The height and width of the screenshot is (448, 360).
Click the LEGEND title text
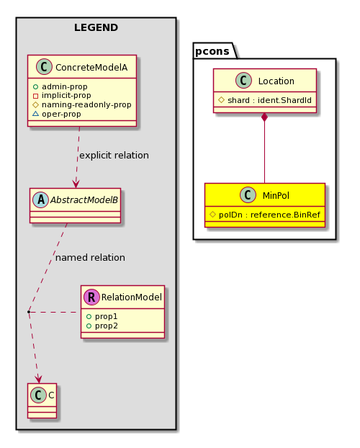tap(96, 27)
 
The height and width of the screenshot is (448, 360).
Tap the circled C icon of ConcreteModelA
tap(44, 67)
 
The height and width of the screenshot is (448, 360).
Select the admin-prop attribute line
tap(60, 86)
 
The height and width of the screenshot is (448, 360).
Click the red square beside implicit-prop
tap(36, 96)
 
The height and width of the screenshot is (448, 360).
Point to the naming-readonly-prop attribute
tap(82, 105)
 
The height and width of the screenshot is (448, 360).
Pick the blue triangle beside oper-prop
tap(36, 114)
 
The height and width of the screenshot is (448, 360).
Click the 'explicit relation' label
tap(114, 156)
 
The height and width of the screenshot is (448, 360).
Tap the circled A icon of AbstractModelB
tap(41, 200)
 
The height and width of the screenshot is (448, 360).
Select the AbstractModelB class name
tap(84, 200)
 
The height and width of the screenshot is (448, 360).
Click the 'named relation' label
tap(90, 258)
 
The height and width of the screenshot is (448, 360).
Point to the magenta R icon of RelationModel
tap(91, 297)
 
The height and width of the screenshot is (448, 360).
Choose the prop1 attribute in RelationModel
tap(102, 317)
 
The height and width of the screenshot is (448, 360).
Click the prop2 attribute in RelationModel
tap(102, 326)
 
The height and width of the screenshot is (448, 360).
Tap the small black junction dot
tap(29, 312)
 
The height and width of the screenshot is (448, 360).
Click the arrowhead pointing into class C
tap(38, 379)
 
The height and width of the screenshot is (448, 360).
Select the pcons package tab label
tap(212, 51)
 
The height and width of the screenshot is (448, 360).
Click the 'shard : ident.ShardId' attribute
tap(265, 100)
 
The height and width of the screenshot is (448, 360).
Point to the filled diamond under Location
tap(264, 117)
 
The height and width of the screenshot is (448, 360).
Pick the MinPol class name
tap(276, 196)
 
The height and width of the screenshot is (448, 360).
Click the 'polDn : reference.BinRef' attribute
tap(265, 215)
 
